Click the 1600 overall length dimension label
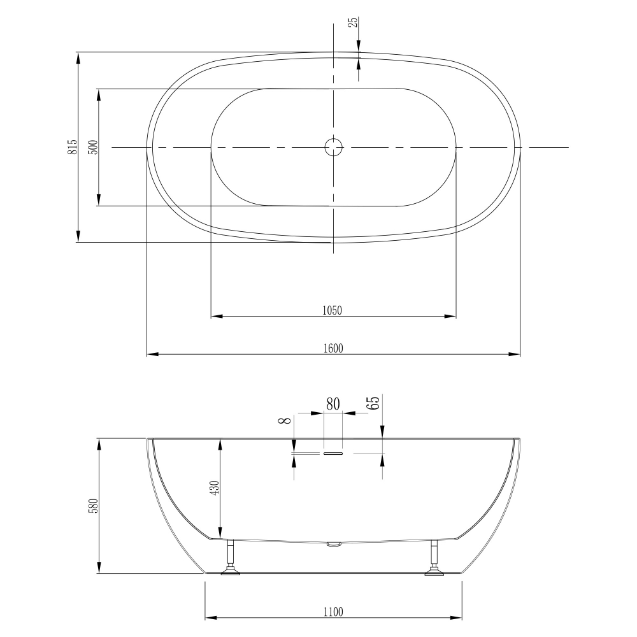tap(334, 348)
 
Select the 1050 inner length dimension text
tap(333, 310)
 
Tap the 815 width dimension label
tap(73, 147)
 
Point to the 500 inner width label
tap(93, 147)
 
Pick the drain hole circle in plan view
tap(333, 147)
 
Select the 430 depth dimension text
tap(215, 488)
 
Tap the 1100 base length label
tap(333, 612)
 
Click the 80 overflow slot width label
tap(333, 403)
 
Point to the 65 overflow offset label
tap(373, 403)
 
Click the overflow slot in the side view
tap(333, 453)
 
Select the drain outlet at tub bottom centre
tap(333, 545)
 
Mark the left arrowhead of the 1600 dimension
tap(152, 354)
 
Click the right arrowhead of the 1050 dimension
tap(453, 315)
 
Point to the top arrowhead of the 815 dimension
tap(78, 57)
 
